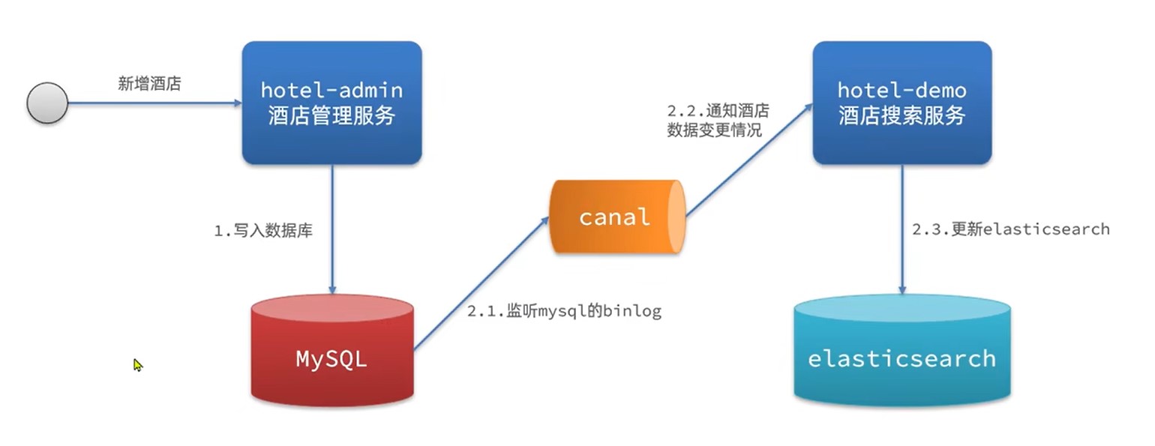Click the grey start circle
[47, 103]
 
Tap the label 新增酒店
[149, 83]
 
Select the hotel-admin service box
[331, 103]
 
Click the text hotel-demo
[901, 91]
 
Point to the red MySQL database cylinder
[331, 349]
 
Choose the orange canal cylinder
[616, 217]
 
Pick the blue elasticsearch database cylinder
[901, 351]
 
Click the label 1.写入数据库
[263, 231]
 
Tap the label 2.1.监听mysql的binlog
[564, 311]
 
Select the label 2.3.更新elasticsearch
[1010, 229]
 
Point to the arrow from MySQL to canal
[481, 284]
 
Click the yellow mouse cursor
[138, 365]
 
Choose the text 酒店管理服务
[331, 116]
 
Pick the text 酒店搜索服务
[901, 116]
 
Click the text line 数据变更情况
[714, 130]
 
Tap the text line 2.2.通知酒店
[718, 111]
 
